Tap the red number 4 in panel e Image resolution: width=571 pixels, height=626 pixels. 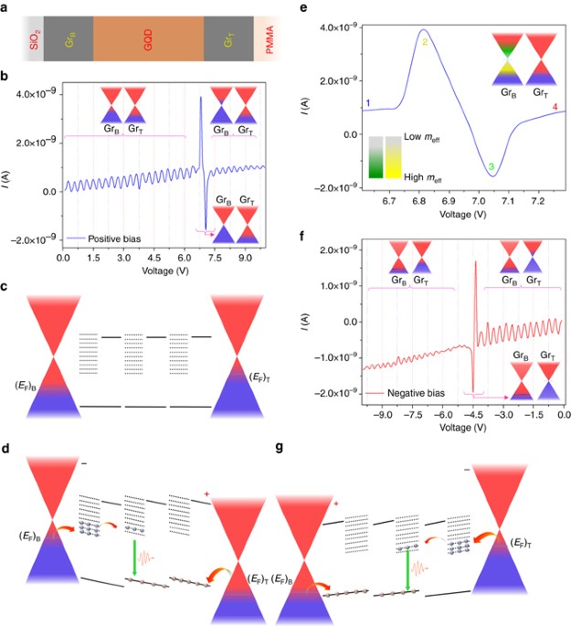click(x=555, y=109)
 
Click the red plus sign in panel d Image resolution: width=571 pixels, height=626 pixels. click(x=207, y=495)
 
